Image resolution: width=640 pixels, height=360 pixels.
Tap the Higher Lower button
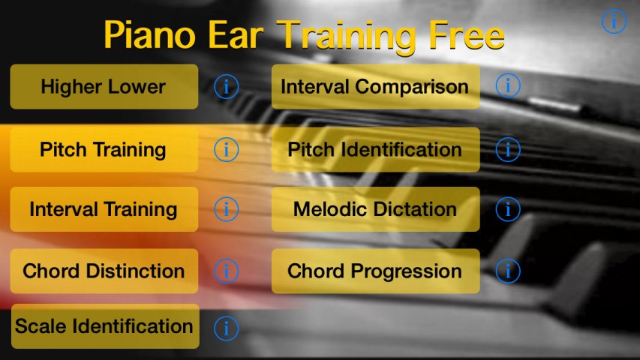pos(104,86)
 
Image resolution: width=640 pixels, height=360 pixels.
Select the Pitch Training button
pos(104,149)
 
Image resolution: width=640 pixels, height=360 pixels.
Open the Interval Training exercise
pos(104,209)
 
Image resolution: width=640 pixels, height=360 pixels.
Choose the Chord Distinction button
pos(104,271)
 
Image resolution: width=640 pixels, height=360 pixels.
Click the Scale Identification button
pos(105,326)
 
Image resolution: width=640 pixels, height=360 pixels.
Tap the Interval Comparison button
pos(375,86)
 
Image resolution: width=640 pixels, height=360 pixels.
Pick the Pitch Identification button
pos(375,149)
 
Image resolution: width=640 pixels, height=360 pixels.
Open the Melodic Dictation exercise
pos(375,209)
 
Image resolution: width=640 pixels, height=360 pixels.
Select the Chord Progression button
pos(375,271)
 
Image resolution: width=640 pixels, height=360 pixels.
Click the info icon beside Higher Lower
pos(226,86)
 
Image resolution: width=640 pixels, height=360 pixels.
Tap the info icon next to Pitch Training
pos(226,149)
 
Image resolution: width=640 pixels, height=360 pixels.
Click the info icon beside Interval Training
pos(226,209)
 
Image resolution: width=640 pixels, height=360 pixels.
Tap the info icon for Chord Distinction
pos(226,271)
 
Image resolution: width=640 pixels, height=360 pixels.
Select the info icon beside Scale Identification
pos(226,328)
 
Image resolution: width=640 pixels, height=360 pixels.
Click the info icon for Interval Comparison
pos(508,85)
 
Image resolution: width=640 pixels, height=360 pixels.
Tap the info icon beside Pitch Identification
pos(508,149)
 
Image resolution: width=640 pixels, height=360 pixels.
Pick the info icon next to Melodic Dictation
pos(508,209)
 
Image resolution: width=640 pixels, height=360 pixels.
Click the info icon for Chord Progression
pos(508,271)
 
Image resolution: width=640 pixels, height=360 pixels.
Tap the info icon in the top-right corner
pos(614,21)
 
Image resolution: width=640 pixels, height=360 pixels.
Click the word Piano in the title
pos(150,34)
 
